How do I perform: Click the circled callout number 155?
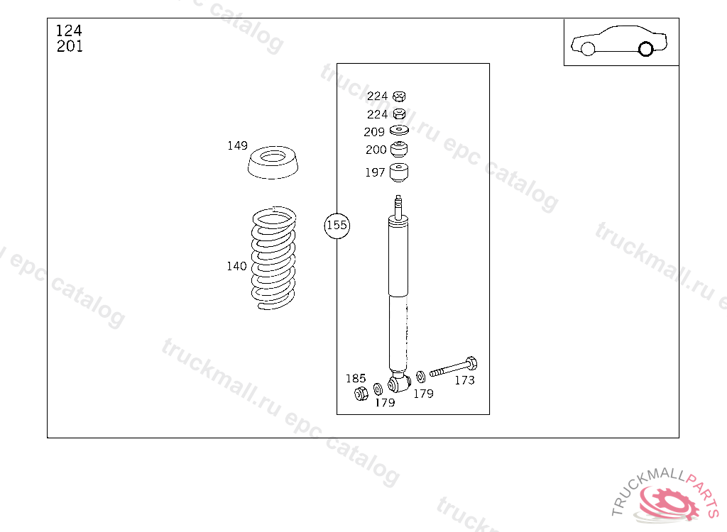[337, 226]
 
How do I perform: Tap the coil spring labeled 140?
[273, 258]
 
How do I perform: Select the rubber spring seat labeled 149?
[273, 162]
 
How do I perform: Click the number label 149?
[237, 145]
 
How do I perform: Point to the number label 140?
[236, 266]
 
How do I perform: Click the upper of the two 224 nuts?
[399, 96]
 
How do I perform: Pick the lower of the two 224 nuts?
[399, 114]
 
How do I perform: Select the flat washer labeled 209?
[399, 131]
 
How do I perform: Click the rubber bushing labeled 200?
[399, 149]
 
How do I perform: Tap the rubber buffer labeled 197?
[399, 172]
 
